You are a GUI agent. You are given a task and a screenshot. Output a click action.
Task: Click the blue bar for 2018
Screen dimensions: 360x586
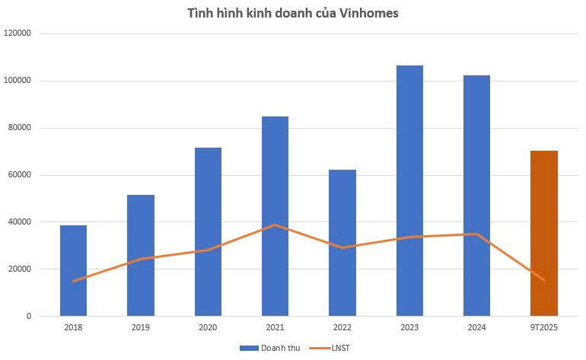[x=73, y=270]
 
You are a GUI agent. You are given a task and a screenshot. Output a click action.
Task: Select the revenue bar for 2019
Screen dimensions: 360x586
[x=140, y=255]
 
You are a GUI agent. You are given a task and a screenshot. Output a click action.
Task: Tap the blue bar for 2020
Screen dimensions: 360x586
[x=208, y=231]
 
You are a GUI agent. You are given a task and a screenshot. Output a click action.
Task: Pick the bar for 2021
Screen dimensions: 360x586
[x=275, y=216]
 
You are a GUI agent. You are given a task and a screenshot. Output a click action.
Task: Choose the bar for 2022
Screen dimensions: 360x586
[x=342, y=243]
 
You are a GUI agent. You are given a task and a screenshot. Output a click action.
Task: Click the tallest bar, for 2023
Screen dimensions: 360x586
[x=409, y=190]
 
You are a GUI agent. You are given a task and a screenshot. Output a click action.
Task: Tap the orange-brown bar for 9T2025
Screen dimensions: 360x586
[x=543, y=233]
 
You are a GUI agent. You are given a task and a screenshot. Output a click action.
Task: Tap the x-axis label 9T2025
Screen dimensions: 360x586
[x=543, y=328]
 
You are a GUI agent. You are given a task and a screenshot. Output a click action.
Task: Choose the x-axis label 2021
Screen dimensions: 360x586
[x=275, y=328]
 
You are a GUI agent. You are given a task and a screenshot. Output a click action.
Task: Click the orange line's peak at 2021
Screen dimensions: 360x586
[x=275, y=225]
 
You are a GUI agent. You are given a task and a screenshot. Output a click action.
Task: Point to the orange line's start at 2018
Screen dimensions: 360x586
[x=73, y=281]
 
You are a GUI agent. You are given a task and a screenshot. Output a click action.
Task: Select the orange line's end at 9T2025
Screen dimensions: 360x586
[x=543, y=280]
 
